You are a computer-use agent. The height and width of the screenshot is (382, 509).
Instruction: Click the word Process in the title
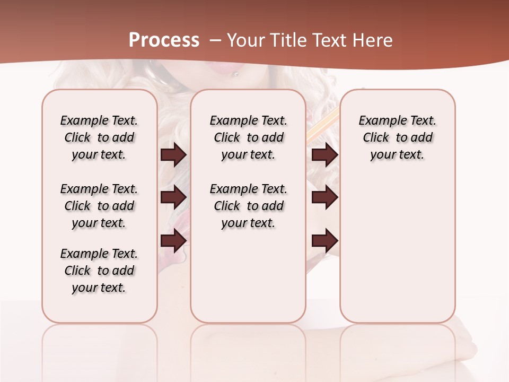(164, 40)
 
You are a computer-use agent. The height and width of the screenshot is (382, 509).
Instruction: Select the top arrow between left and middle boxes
(173, 155)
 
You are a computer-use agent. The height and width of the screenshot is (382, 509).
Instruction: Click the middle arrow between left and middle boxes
(173, 197)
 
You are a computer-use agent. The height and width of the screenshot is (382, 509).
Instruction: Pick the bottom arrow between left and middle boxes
(173, 240)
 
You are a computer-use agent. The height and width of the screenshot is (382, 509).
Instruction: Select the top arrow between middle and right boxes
(325, 155)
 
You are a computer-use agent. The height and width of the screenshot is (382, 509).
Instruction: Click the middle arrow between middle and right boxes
(325, 197)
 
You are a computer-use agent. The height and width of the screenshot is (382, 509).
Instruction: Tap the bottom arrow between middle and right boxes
(325, 241)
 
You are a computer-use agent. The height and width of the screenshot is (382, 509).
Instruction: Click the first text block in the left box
(99, 137)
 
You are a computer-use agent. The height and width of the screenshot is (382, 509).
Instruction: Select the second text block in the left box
(99, 206)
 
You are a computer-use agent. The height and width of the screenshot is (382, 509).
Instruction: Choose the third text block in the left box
(99, 271)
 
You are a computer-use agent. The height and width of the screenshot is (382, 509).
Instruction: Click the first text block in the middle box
(249, 137)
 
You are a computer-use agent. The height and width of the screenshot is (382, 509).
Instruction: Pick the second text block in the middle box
(249, 206)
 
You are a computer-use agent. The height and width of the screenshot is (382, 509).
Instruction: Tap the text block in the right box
(398, 137)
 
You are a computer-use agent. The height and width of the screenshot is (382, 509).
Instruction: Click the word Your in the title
(243, 40)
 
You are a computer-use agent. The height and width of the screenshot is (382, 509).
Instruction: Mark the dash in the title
(215, 40)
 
